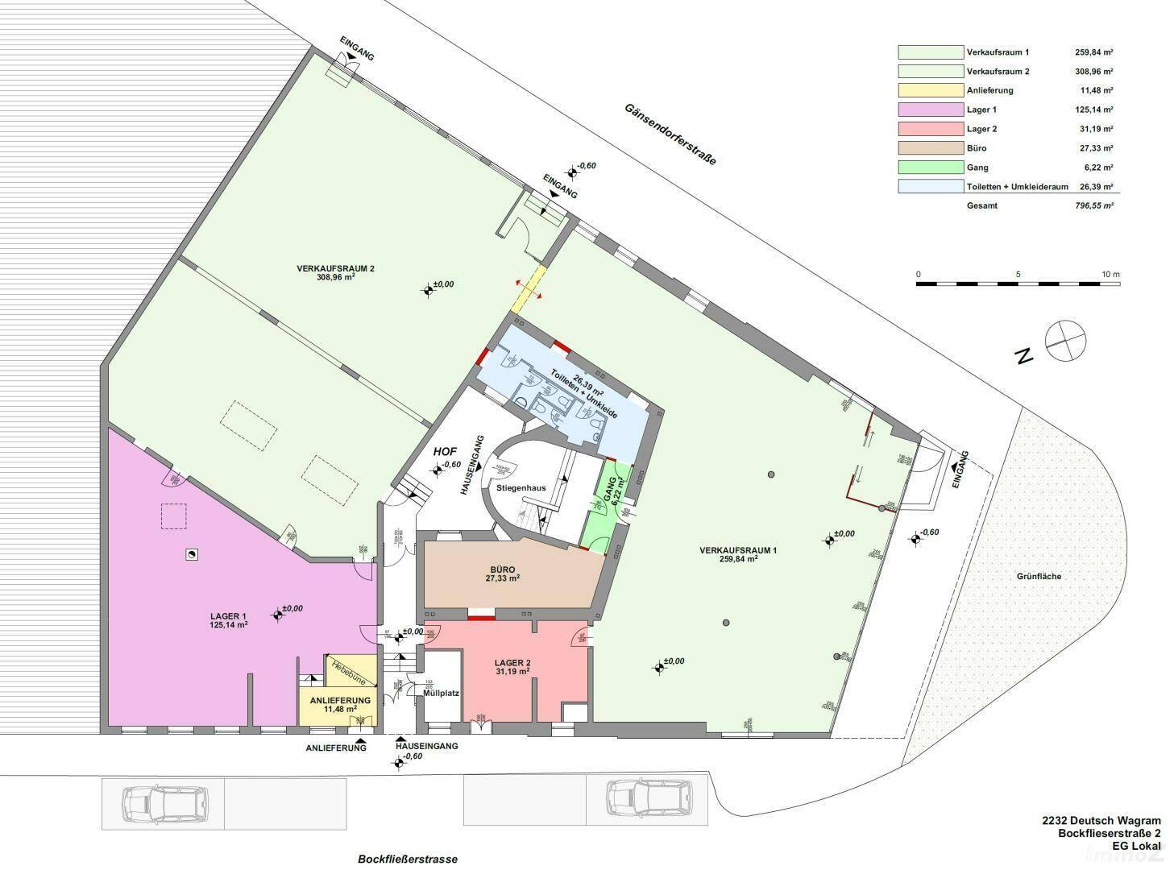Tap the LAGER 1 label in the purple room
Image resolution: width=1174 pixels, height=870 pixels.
coord(228,619)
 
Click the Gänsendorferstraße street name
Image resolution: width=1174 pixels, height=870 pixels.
coord(670,134)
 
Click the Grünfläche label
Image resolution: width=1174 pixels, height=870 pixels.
coord(1039,576)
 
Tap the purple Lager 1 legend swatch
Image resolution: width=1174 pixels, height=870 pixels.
coord(931,110)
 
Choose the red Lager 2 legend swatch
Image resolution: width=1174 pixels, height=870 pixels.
coord(931,129)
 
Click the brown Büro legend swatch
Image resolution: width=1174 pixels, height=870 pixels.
coord(931,148)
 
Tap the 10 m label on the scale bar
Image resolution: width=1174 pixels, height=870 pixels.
coord(1110,275)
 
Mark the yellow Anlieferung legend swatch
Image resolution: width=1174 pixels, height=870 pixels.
coord(931,90)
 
